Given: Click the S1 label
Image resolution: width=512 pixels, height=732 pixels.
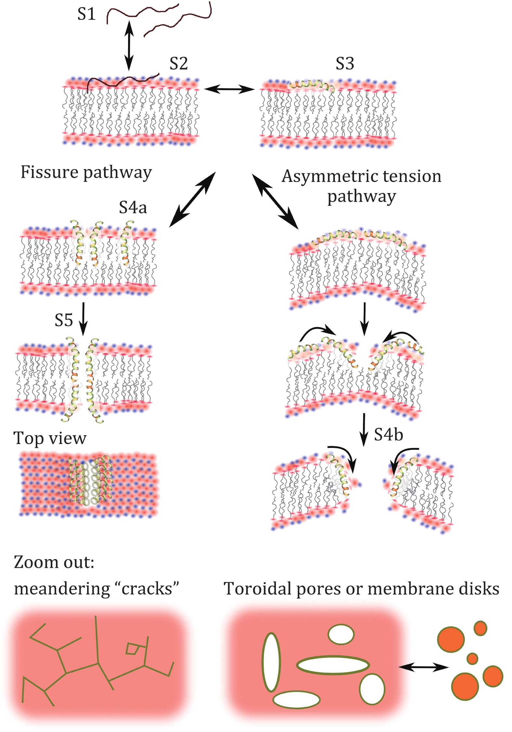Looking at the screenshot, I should pyautogui.click(x=86, y=14).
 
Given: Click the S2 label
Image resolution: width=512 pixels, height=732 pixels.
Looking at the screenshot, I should pyautogui.click(x=178, y=64).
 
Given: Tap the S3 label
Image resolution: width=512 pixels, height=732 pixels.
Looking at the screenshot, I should pyautogui.click(x=345, y=64).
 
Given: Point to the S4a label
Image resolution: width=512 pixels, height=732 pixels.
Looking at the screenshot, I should pyautogui.click(x=133, y=207).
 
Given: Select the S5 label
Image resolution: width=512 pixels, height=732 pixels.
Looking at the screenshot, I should pyautogui.click(x=64, y=320).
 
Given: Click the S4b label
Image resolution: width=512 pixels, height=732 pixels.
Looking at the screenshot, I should pyautogui.click(x=388, y=435).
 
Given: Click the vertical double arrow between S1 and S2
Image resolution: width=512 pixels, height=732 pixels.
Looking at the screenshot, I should pyautogui.click(x=129, y=46).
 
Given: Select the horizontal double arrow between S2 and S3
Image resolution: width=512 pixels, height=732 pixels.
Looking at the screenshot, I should pyautogui.click(x=230, y=88).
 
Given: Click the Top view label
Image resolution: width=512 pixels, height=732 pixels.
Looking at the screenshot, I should pyautogui.click(x=50, y=438).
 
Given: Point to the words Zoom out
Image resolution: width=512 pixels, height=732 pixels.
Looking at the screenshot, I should pyautogui.click(x=54, y=562).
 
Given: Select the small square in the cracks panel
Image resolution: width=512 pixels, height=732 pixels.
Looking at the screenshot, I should pyautogui.click(x=132, y=649).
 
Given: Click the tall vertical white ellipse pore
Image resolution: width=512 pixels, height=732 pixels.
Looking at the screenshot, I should pyautogui.click(x=271, y=662).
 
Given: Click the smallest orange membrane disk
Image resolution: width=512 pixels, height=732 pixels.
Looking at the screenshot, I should pyautogui.click(x=472, y=659).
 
